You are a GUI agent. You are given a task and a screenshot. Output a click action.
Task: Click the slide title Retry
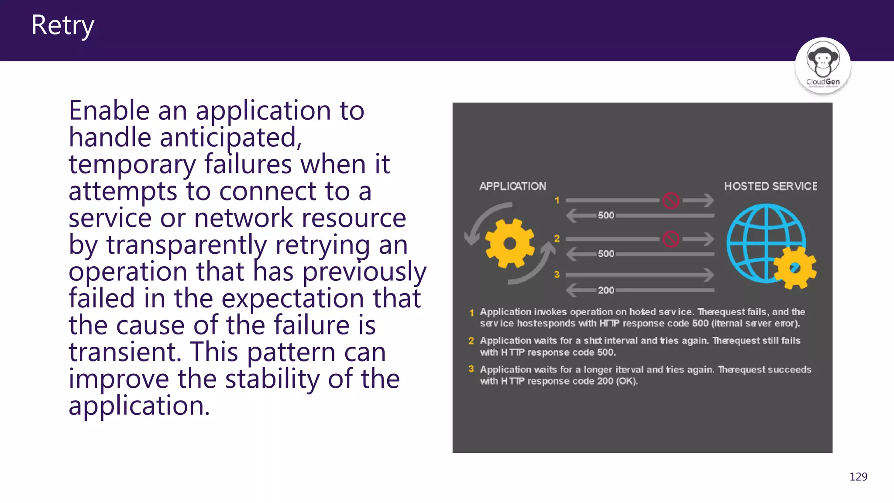point(62,25)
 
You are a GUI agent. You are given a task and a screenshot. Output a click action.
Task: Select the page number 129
point(858,476)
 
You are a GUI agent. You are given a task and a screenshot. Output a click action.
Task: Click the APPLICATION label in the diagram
point(512,186)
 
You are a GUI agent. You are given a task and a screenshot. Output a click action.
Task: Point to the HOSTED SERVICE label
point(770,186)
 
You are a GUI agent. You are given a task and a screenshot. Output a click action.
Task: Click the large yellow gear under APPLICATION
point(509,243)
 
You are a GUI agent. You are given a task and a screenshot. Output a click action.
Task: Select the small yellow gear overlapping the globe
point(794,268)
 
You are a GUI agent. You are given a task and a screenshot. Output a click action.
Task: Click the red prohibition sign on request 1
point(670,201)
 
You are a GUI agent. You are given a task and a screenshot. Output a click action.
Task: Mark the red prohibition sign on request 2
point(670,239)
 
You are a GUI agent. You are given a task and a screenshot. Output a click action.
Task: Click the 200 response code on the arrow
point(606,290)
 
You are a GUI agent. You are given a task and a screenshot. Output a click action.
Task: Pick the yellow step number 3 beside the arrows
point(557,275)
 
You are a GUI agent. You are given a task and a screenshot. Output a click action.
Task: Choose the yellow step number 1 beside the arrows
point(557,200)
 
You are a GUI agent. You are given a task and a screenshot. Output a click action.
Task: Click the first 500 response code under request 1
point(606,215)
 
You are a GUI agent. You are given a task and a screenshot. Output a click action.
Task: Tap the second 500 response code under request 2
point(606,254)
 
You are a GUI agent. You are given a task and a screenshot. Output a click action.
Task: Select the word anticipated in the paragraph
point(230,138)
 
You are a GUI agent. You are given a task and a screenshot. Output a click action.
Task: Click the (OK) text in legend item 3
point(627,381)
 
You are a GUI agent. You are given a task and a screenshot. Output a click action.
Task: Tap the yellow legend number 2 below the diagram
point(471,341)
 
